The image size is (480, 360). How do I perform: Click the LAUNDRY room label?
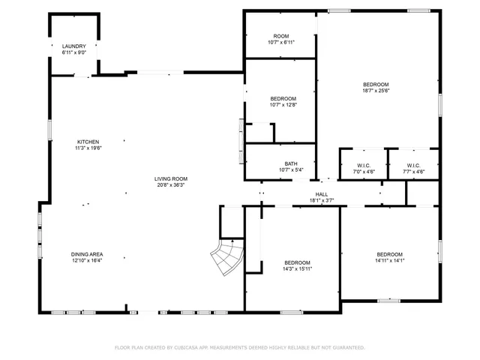pyautogui.click(x=73, y=46)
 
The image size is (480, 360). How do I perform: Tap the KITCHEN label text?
pyautogui.click(x=87, y=142)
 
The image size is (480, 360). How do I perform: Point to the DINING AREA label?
pyautogui.click(x=87, y=254)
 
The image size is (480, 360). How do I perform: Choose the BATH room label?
pyautogui.click(x=290, y=163)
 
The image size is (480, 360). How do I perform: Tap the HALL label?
pyautogui.click(x=321, y=194)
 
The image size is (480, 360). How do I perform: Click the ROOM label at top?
pyautogui.click(x=281, y=36)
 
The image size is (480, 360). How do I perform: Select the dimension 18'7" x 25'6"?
pyautogui.click(x=376, y=91)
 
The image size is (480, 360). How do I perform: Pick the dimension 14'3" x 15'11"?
pyautogui.click(x=298, y=269)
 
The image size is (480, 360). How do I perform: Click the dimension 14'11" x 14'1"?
pyautogui.click(x=389, y=261)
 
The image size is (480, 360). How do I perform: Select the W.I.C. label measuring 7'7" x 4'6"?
pyautogui.click(x=414, y=171)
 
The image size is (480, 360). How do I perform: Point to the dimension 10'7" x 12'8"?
pyautogui.click(x=283, y=105)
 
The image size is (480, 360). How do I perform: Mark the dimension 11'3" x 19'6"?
pyautogui.click(x=87, y=148)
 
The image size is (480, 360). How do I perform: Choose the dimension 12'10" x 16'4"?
pyautogui.click(x=87, y=261)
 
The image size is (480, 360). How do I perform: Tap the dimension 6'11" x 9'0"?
pyautogui.click(x=73, y=52)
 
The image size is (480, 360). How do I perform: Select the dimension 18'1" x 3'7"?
pyautogui.click(x=321, y=200)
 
